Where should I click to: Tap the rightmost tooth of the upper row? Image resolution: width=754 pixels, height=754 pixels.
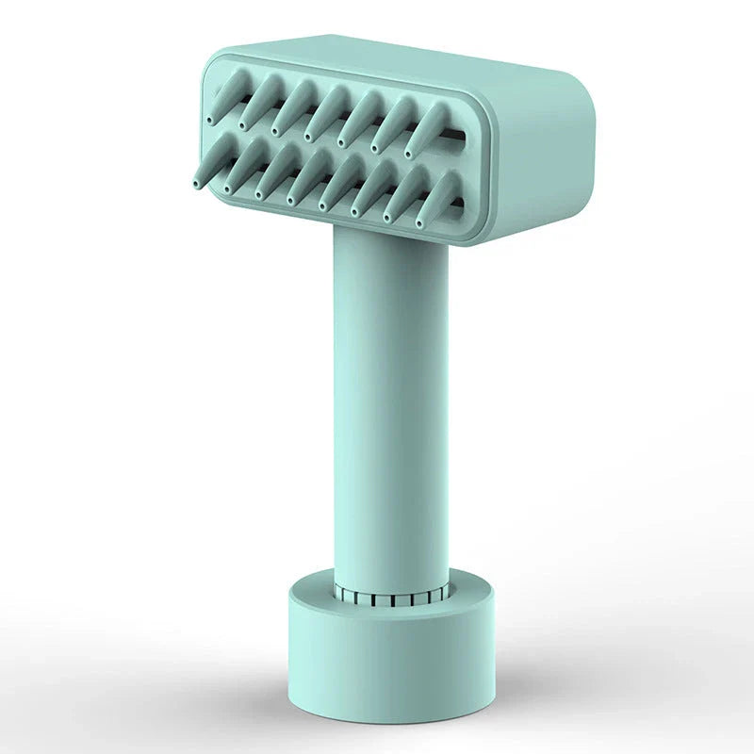pos(427,129)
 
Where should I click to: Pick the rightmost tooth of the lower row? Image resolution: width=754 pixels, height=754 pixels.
pos(438,196)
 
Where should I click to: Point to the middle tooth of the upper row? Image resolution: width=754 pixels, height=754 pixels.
pos(325,113)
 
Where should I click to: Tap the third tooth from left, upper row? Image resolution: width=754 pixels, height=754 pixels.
pos(290,108)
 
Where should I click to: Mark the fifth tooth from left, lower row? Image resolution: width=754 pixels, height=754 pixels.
pos(339,182)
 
